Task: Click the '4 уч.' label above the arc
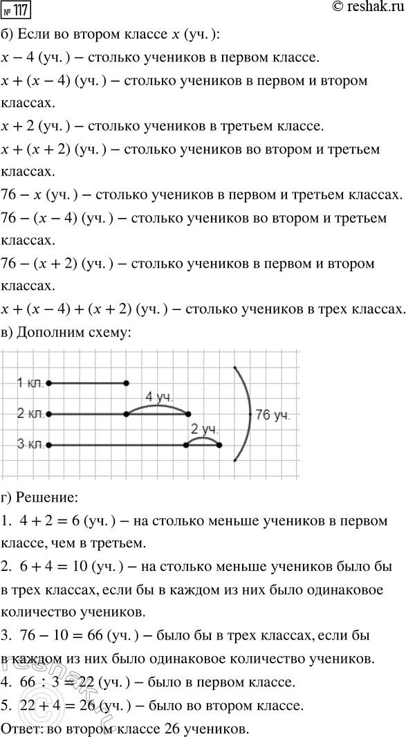click(x=158, y=397)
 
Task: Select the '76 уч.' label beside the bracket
click(x=273, y=415)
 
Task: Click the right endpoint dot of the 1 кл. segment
click(x=126, y=383)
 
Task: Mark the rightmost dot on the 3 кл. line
click(x=219, y=445)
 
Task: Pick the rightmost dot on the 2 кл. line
click(x=189, y=414)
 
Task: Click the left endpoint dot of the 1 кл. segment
click(x=48, y=383)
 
